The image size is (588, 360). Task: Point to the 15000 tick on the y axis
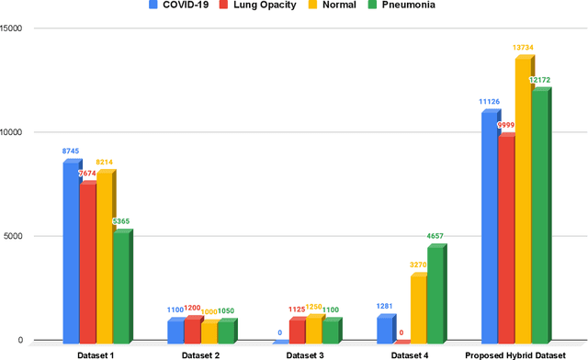click(12, 28)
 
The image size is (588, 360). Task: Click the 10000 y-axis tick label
click(12, 132)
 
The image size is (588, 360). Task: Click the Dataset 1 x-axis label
click(96, 354)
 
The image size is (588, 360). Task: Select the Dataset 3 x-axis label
click(305, 354)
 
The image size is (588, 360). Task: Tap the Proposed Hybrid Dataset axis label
click(515, 354)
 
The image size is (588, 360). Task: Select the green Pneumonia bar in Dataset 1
click(120, 286)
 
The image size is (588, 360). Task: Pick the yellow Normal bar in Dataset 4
click(418, 308)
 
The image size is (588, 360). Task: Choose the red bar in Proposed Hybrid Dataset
click(506, 238)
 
